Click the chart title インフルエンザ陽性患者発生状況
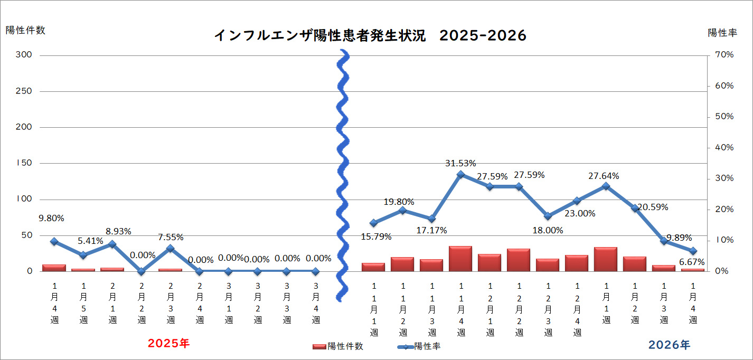[319, 35]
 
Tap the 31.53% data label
[460, 163]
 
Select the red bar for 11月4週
[460, 259]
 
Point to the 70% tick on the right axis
[723, 55]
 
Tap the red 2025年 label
[168, 344]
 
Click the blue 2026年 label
[669, 345]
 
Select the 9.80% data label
[51, 217]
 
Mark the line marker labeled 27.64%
[606, 186]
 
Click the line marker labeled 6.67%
[693, 251]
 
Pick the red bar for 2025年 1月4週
[54, 268]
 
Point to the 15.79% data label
[376, 236]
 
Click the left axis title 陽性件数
[25, 30]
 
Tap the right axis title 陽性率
[722, 33]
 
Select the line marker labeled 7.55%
[170, 248]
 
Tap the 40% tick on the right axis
[723, 147]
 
